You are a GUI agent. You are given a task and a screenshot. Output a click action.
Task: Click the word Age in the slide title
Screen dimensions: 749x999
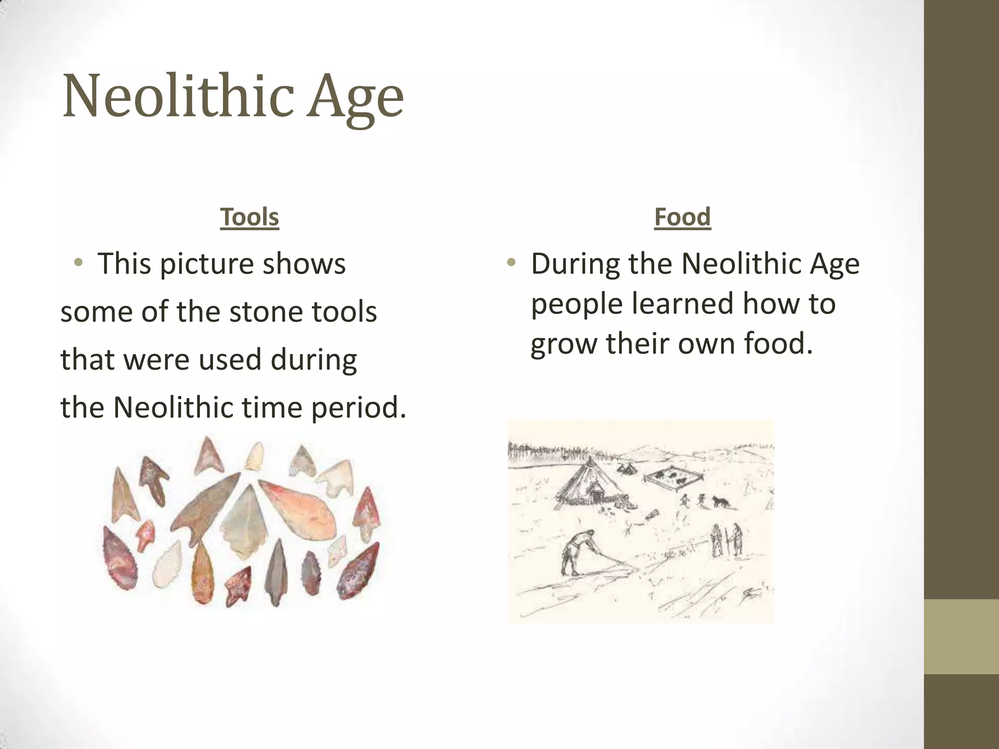point(355,98)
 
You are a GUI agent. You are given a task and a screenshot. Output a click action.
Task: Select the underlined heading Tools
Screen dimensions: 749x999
point(249,217)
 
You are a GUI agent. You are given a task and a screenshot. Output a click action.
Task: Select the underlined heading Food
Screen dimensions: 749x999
point(682,217)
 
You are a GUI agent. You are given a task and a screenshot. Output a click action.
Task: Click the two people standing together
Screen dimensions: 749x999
point(726,540)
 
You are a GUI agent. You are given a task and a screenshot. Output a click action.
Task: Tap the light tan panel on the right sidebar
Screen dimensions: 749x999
point(961,636)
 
